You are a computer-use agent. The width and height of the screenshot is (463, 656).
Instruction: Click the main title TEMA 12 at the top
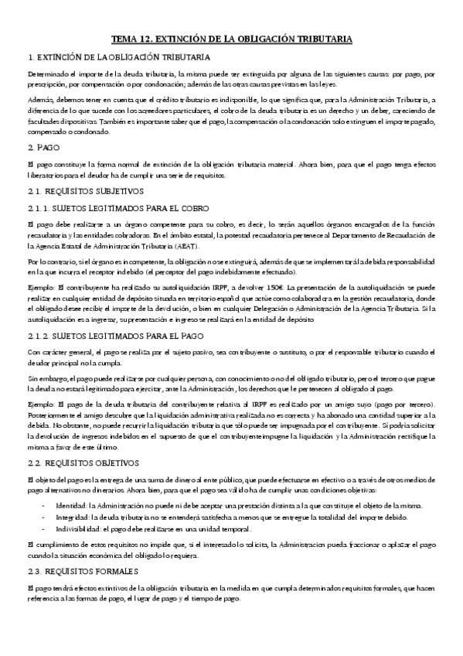(x=232, y=37)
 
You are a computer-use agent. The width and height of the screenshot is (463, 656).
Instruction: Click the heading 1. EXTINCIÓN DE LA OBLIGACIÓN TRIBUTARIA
(x=114, y=56)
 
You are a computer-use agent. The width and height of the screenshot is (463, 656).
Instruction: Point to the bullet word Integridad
(x=73, y=518)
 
